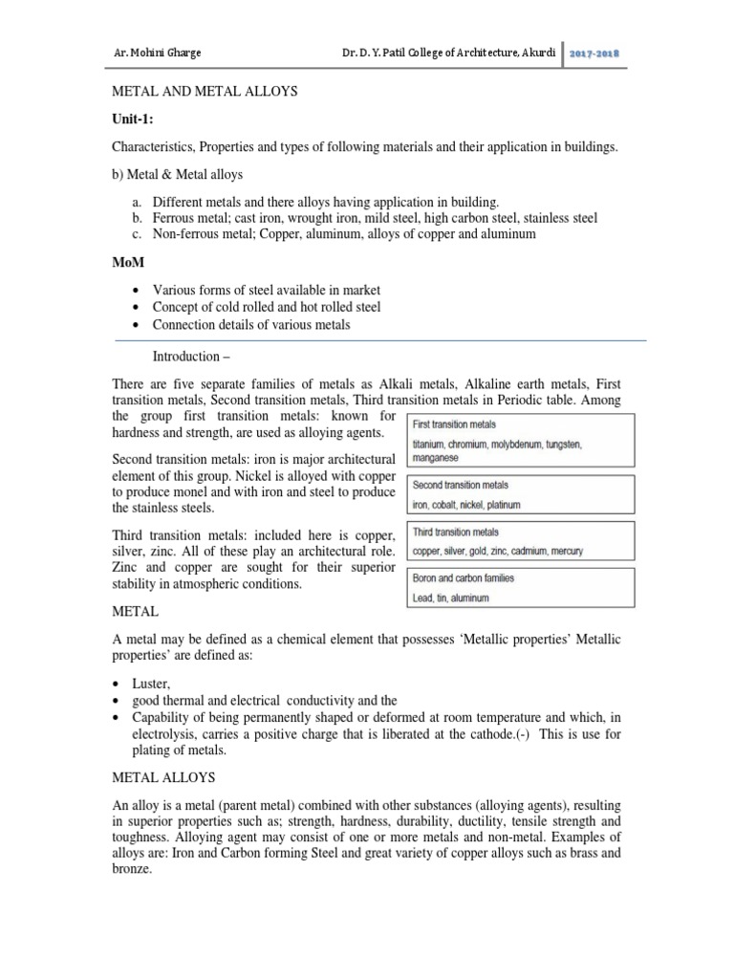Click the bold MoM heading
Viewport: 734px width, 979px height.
(129, 260)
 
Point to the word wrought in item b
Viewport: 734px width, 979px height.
(311, 218)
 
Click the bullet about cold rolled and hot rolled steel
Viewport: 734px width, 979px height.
(266, 307)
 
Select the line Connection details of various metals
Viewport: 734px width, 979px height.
(251, 325)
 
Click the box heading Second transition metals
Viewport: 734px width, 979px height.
(461, 486)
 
